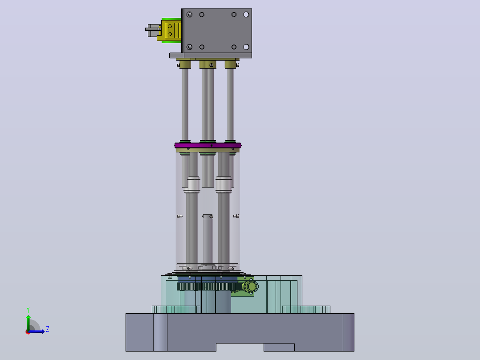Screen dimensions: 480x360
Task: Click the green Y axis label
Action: pyautogui.click(x=28, y=310)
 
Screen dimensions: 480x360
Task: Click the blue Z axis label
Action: pyautogui.click(x=48, y=329)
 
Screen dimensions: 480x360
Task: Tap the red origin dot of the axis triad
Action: pyautogui.click(x=28, y=332)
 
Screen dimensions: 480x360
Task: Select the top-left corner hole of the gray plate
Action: pyautogui.click(x=190, y=14)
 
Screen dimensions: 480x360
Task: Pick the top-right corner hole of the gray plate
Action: pyautogui.click(x=246, y=14)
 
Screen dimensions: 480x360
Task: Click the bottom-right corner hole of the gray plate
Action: pyautogui.click(x=246, y=47)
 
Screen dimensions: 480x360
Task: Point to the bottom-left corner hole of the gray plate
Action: pyautogui.click(x=190, y=47)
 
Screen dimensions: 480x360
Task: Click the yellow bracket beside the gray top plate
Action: pyautogui.click(x=169, y=31)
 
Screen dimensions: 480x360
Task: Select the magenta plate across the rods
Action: pyautogui.click(x=208, y=145)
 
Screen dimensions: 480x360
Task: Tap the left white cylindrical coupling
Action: pyautogui.click(x=192, y=185)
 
